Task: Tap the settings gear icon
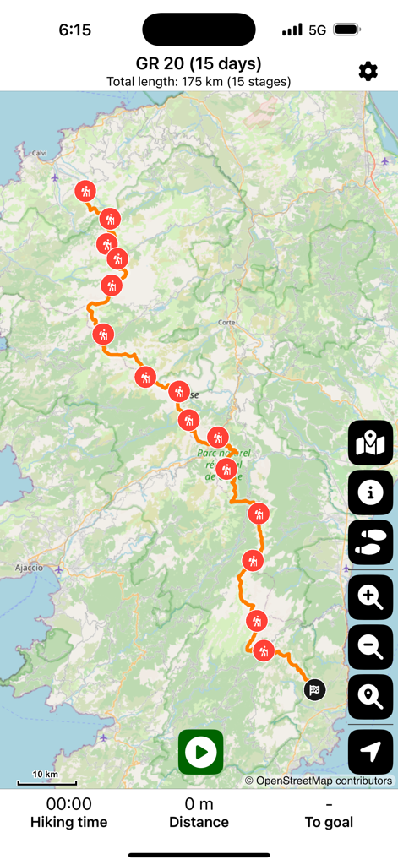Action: coord(368,71)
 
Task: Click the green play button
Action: coord(201,752)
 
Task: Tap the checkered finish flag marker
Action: coord(314,690)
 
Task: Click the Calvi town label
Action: coord(39,153)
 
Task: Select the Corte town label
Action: coord(226,323)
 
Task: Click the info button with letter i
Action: coord(370,492)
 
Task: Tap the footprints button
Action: coord(370,541)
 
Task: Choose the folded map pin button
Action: coord(370,443)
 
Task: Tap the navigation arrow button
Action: coord(370,752)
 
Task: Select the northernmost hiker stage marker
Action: coord(85,191)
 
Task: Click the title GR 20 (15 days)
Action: coord(199,63)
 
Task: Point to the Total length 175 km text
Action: coord(199,82)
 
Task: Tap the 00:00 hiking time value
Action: coord(69,804)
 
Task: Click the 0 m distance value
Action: coord(199,804)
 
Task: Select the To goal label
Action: coord(329,822)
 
